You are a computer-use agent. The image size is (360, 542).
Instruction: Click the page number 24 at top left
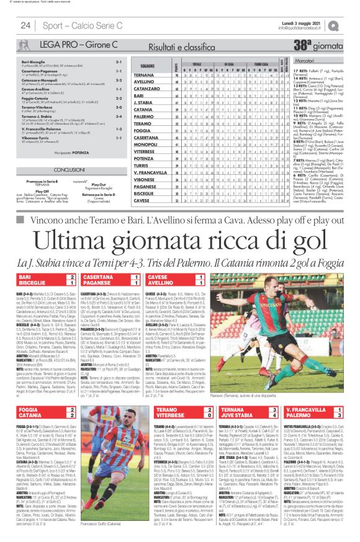click(x=26, y=25)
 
